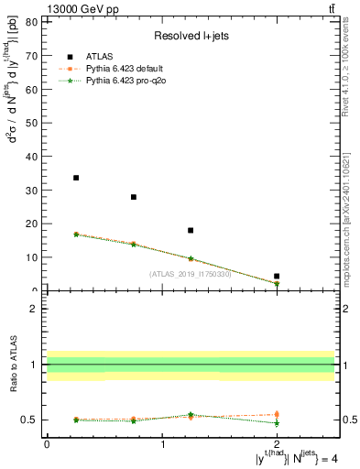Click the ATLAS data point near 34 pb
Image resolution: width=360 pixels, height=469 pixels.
click(x=76, y=178)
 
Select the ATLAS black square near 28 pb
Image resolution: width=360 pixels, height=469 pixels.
click(x=134, y=197)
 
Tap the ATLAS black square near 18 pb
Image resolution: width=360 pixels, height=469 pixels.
click(x=191, y=231)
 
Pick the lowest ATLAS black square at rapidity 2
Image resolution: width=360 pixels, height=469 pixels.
click(x=277, y=276)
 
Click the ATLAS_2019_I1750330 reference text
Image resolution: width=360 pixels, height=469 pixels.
click(x=191, y=273)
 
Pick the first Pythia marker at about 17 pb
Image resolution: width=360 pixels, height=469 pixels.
click(x=76, y=234)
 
